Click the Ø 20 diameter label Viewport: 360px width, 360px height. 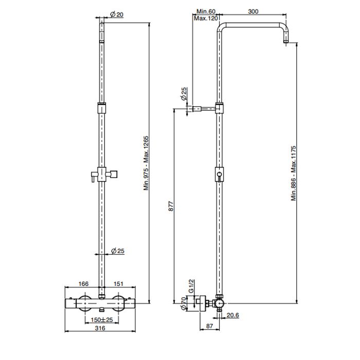(x=117, y=14)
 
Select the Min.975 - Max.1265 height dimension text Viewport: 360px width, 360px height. (x=146, y=163)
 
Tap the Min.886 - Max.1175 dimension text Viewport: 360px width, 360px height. (x=294, y=173)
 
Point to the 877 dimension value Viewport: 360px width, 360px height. (x=171, y=206)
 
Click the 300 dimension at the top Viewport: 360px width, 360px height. (x=253, y=11)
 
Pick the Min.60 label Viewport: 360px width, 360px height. (x=206, y=11)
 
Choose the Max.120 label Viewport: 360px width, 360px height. (x=206, y=18)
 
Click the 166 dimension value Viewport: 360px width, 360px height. (x=83, y=284)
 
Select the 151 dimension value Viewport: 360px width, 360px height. (x=118, y=284)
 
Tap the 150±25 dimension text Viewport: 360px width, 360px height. (x=102, y=319)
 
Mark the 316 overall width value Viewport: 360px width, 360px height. (x=100, y=328)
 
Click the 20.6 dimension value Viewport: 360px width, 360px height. (x=233, y=315)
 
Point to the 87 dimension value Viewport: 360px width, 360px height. (x=210, y=326)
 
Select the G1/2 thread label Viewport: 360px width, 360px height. (x=191, y=286)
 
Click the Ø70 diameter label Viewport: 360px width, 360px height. (x=184, y=303)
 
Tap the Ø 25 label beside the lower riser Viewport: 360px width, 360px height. (x=118, y=251)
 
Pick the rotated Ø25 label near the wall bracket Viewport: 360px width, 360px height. (x=184, y=94)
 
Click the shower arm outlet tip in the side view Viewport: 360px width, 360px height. (x=286, y=42)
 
